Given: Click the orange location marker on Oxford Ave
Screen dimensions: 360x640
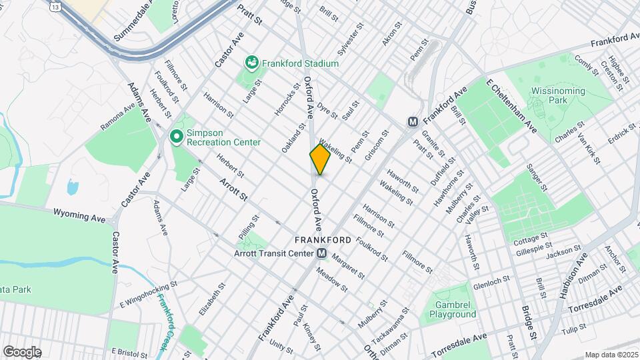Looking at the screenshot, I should coord(320,159).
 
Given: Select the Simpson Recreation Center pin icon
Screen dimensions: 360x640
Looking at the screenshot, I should coord(177,137).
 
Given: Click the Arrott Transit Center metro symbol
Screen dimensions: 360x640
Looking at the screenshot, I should coord(321,253).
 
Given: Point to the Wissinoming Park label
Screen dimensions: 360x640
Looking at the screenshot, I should coord(558,95).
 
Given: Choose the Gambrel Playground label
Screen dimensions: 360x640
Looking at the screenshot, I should coord(452,308).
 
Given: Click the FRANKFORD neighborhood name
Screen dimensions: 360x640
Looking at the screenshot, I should coord(323,239).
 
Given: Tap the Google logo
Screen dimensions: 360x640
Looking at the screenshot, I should coord(22,352).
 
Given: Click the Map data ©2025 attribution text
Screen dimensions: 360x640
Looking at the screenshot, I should coord(611,355).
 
